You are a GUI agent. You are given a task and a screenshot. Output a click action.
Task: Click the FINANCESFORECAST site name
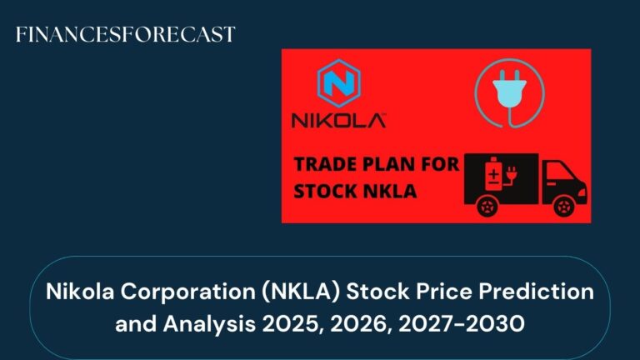click(x=126, y=34)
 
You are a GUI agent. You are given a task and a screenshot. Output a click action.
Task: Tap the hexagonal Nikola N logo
click(x=338, y=87)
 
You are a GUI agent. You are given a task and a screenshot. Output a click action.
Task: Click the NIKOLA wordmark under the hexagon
click(x=338, y=121)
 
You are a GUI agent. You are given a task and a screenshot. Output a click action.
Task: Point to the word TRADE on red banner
click(x=326, y=164)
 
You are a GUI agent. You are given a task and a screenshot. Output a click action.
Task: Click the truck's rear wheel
click(x=492, y=206)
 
